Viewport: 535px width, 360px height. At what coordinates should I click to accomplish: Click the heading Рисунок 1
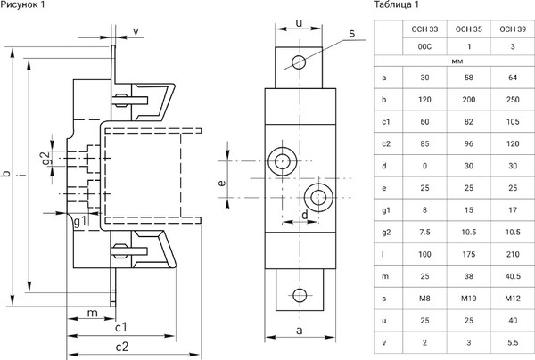coord(28,8)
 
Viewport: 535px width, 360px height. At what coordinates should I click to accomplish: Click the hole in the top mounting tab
coord(299,61)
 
